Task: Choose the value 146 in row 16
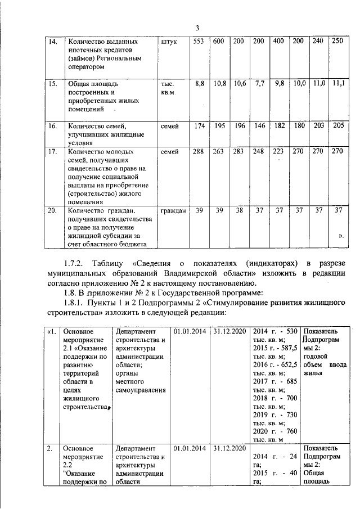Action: click(x=259, y=126)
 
